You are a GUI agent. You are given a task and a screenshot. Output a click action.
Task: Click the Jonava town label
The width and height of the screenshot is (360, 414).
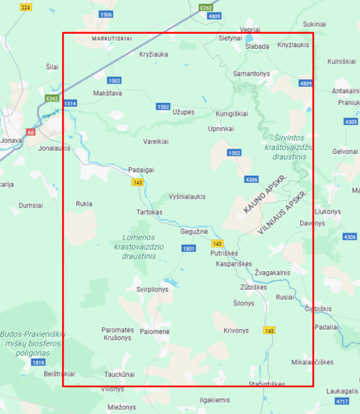click(x=11, y=140)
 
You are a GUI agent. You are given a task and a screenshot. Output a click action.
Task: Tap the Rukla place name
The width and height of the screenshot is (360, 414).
click(x=84, y=204)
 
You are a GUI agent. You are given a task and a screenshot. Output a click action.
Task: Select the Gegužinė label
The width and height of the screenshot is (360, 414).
click(x=194, y=233)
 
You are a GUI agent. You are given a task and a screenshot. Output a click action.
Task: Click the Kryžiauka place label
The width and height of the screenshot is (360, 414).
click(x=153, y=55)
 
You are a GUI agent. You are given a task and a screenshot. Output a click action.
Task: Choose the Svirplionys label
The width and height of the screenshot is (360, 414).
click(x=152, y=290)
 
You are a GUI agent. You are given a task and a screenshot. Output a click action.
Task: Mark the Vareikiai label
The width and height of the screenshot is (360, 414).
click(x=155, y=141)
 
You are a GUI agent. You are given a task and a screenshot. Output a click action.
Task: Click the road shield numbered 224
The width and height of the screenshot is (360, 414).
click(x=26, y=7)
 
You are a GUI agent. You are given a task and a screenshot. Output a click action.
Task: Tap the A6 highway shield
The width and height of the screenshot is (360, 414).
click(x=30, y=131)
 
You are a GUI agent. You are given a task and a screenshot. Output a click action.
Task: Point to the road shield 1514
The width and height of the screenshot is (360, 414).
click(x=70, y=103)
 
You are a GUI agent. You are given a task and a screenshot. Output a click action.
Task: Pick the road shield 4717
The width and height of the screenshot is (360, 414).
click(x=341, y=401)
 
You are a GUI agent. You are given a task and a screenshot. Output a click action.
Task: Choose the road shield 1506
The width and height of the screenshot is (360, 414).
click(x=106, y=14)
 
